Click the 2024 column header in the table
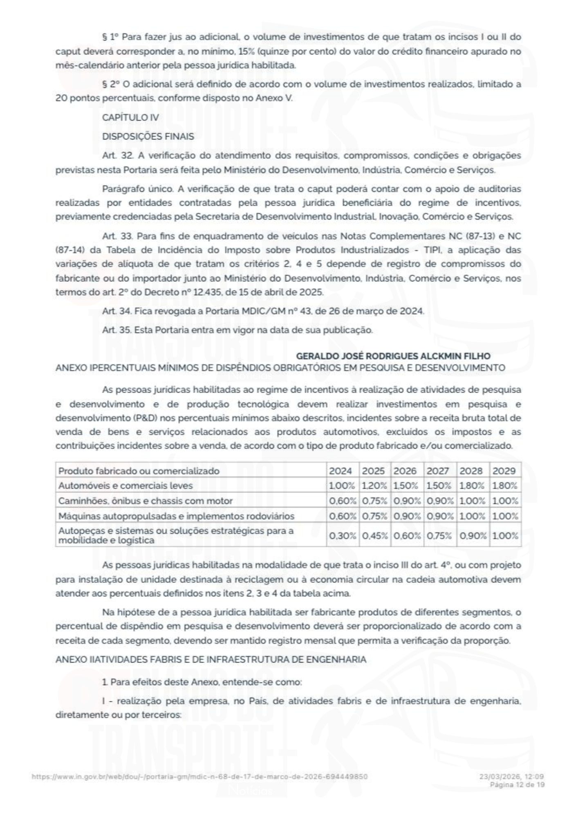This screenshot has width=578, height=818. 340,471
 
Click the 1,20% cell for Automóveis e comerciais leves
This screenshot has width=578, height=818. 374,486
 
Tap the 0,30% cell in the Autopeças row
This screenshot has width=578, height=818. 342,536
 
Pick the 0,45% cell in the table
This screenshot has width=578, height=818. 374,536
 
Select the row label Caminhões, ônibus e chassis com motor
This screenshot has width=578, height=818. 146,501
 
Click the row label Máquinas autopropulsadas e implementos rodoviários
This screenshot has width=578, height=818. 176,516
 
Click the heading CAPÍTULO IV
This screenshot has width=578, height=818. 130,118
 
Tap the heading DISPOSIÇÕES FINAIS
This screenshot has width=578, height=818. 148,137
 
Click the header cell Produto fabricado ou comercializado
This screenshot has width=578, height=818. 139,471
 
